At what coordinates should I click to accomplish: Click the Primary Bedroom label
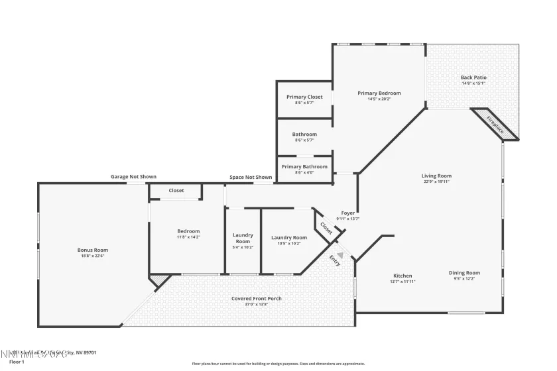(x=379, y=93)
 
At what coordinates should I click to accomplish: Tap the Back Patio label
(x=473, y=78)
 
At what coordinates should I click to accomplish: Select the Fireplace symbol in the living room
(x=495, y=125)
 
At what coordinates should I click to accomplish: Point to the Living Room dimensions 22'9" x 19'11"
(x=436, y=182)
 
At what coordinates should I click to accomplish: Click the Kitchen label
(x=402, y=276)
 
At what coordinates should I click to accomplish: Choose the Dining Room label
(x=464, y=273)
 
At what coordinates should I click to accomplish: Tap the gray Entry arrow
(x=340, y=254)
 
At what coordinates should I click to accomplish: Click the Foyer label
(x=347, y=213)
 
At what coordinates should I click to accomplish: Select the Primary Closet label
(x=304, y=97)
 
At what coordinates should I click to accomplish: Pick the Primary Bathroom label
(x=304, y=166)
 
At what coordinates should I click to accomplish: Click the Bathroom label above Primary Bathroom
(x=304, y=134)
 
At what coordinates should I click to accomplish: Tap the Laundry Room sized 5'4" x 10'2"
(x=243, y=247)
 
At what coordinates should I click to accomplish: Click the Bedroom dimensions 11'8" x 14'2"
(x=188, y=237)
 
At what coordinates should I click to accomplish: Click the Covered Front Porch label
(x=256, y=299)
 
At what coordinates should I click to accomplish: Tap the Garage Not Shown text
(x=133, y=177)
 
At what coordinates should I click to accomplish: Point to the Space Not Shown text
(x=251, y=177)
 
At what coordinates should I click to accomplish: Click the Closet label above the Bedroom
(x=176, y=191)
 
